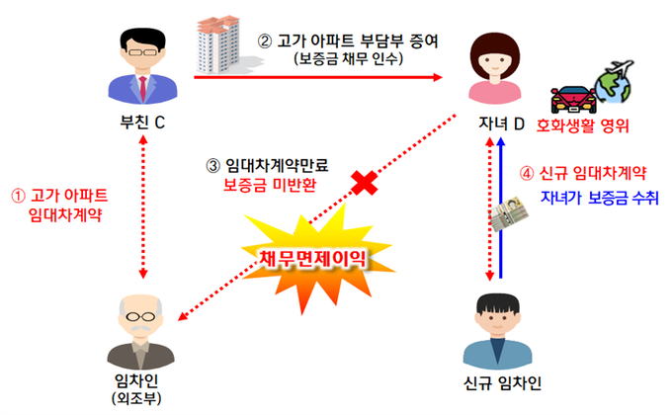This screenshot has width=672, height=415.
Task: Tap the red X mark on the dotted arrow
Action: tap(367, 182)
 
